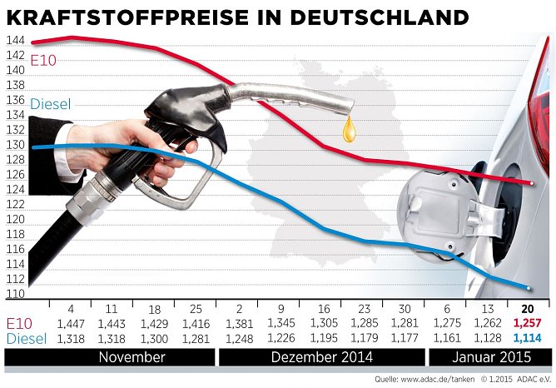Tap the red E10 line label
click(43, 59)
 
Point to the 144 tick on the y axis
click(14, 40)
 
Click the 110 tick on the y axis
click(14, 294)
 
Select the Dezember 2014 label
click(320, 357)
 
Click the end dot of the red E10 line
click(531, 183)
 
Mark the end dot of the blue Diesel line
click(530, 288)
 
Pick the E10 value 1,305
click(324, 323)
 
